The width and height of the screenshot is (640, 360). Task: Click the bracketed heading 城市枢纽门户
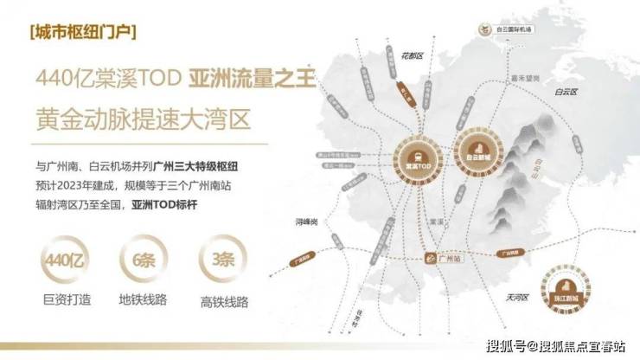point(81,34)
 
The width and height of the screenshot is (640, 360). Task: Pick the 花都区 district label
point(418,57)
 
